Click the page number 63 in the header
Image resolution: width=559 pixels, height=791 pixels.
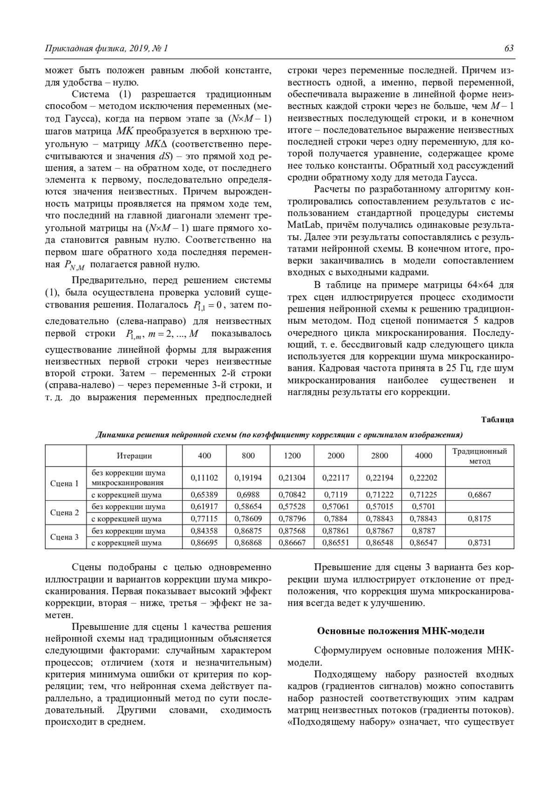(x=509, y=48)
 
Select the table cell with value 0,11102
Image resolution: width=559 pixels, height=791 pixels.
(x=205, y=477)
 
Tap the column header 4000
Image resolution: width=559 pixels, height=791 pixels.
(x=423, y=456)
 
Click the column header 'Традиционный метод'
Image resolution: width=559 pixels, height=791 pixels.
(x=480, y=456)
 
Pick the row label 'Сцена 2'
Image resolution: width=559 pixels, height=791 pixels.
(x=64, y=512)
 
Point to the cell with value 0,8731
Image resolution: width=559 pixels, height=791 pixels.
(x=480, y=542)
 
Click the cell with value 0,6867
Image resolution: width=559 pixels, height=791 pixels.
(x=480, y=494)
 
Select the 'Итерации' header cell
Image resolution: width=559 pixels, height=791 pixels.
(x=134, y=456)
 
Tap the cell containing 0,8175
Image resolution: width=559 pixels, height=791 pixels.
(x=480, y=518)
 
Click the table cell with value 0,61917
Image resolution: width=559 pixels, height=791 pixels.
(x=205, y=506)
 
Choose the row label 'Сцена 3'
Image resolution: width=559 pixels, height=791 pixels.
(x=64, y=537)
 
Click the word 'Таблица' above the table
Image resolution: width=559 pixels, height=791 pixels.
(x=498, y=420)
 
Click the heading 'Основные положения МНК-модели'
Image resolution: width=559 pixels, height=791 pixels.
(x=401, y=631)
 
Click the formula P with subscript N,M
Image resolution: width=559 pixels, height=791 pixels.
(x=74, y=266)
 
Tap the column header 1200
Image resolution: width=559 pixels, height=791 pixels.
(x=292, y=456)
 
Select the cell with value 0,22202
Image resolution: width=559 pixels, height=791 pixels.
(x=423, y=477)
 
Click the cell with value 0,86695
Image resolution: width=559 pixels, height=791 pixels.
(x=205, y=542)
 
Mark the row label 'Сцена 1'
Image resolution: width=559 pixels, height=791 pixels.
(x=64, y=483)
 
